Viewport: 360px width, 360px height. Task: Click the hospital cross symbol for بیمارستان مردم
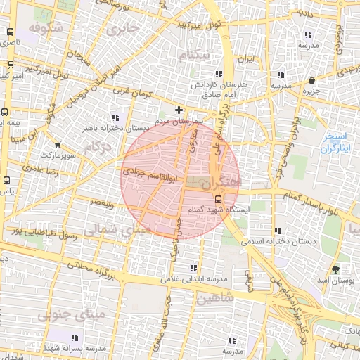(x=179, y=110)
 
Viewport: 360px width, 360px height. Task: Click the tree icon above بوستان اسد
(x=335, y=268)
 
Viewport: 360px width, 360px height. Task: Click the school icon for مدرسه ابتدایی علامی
(x=193, y=268)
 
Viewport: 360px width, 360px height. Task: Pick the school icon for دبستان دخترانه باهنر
(x=115, y=117)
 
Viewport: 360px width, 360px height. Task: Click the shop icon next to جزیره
(x=311, y=81)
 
